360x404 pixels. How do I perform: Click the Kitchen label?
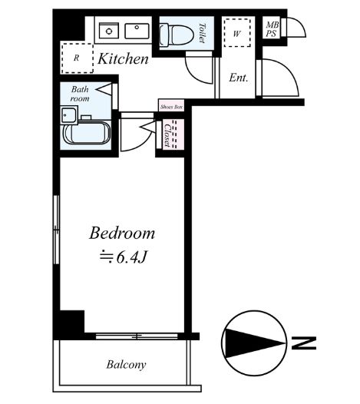124,59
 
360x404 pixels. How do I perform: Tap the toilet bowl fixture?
177,35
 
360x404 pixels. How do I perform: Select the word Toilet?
202,33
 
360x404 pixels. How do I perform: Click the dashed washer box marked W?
237,33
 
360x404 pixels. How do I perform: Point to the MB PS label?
272,29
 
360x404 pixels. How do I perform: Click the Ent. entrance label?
239,78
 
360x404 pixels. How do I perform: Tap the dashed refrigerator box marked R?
77,58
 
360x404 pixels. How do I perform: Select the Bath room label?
80,94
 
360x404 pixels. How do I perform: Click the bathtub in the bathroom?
87,133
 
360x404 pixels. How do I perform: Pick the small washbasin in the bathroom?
69,115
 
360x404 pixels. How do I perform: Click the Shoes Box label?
171,107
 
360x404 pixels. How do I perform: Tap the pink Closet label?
167,135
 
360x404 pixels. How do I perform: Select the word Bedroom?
122,233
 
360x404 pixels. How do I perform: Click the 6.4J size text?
131,257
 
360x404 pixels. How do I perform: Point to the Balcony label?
126,365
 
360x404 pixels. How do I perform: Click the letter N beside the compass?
304,343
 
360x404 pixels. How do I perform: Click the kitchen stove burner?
109,31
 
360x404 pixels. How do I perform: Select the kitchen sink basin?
137,31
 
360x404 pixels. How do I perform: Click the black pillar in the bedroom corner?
72,322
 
